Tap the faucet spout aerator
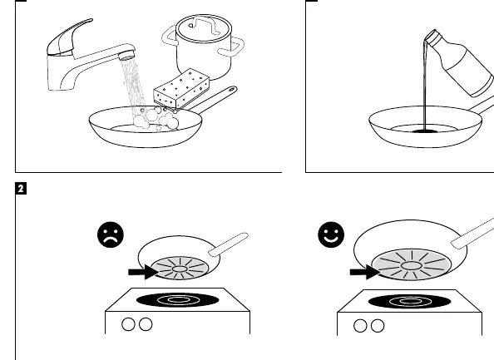(x=126, y=57)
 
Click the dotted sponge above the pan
(x=181, y=88)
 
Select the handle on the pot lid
(x=204, y=25)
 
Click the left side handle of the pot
(x=170, y=37)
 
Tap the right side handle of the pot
(x=233, y=47)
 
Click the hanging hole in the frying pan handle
(x=231, y=90)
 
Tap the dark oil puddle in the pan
(x=424, y=131)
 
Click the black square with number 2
(x=21, y=189)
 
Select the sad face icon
(x=111, y=234)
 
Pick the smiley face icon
(x=331, y=234)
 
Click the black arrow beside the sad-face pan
(x=144, y=272)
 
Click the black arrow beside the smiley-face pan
(x=365, y=272)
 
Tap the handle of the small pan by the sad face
(x=229, y=244)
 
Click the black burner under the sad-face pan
(x=178, y=299)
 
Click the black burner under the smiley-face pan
(x=409, y=302)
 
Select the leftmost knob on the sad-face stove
(x=128, y=324)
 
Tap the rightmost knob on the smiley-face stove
(x=378, y=326)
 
